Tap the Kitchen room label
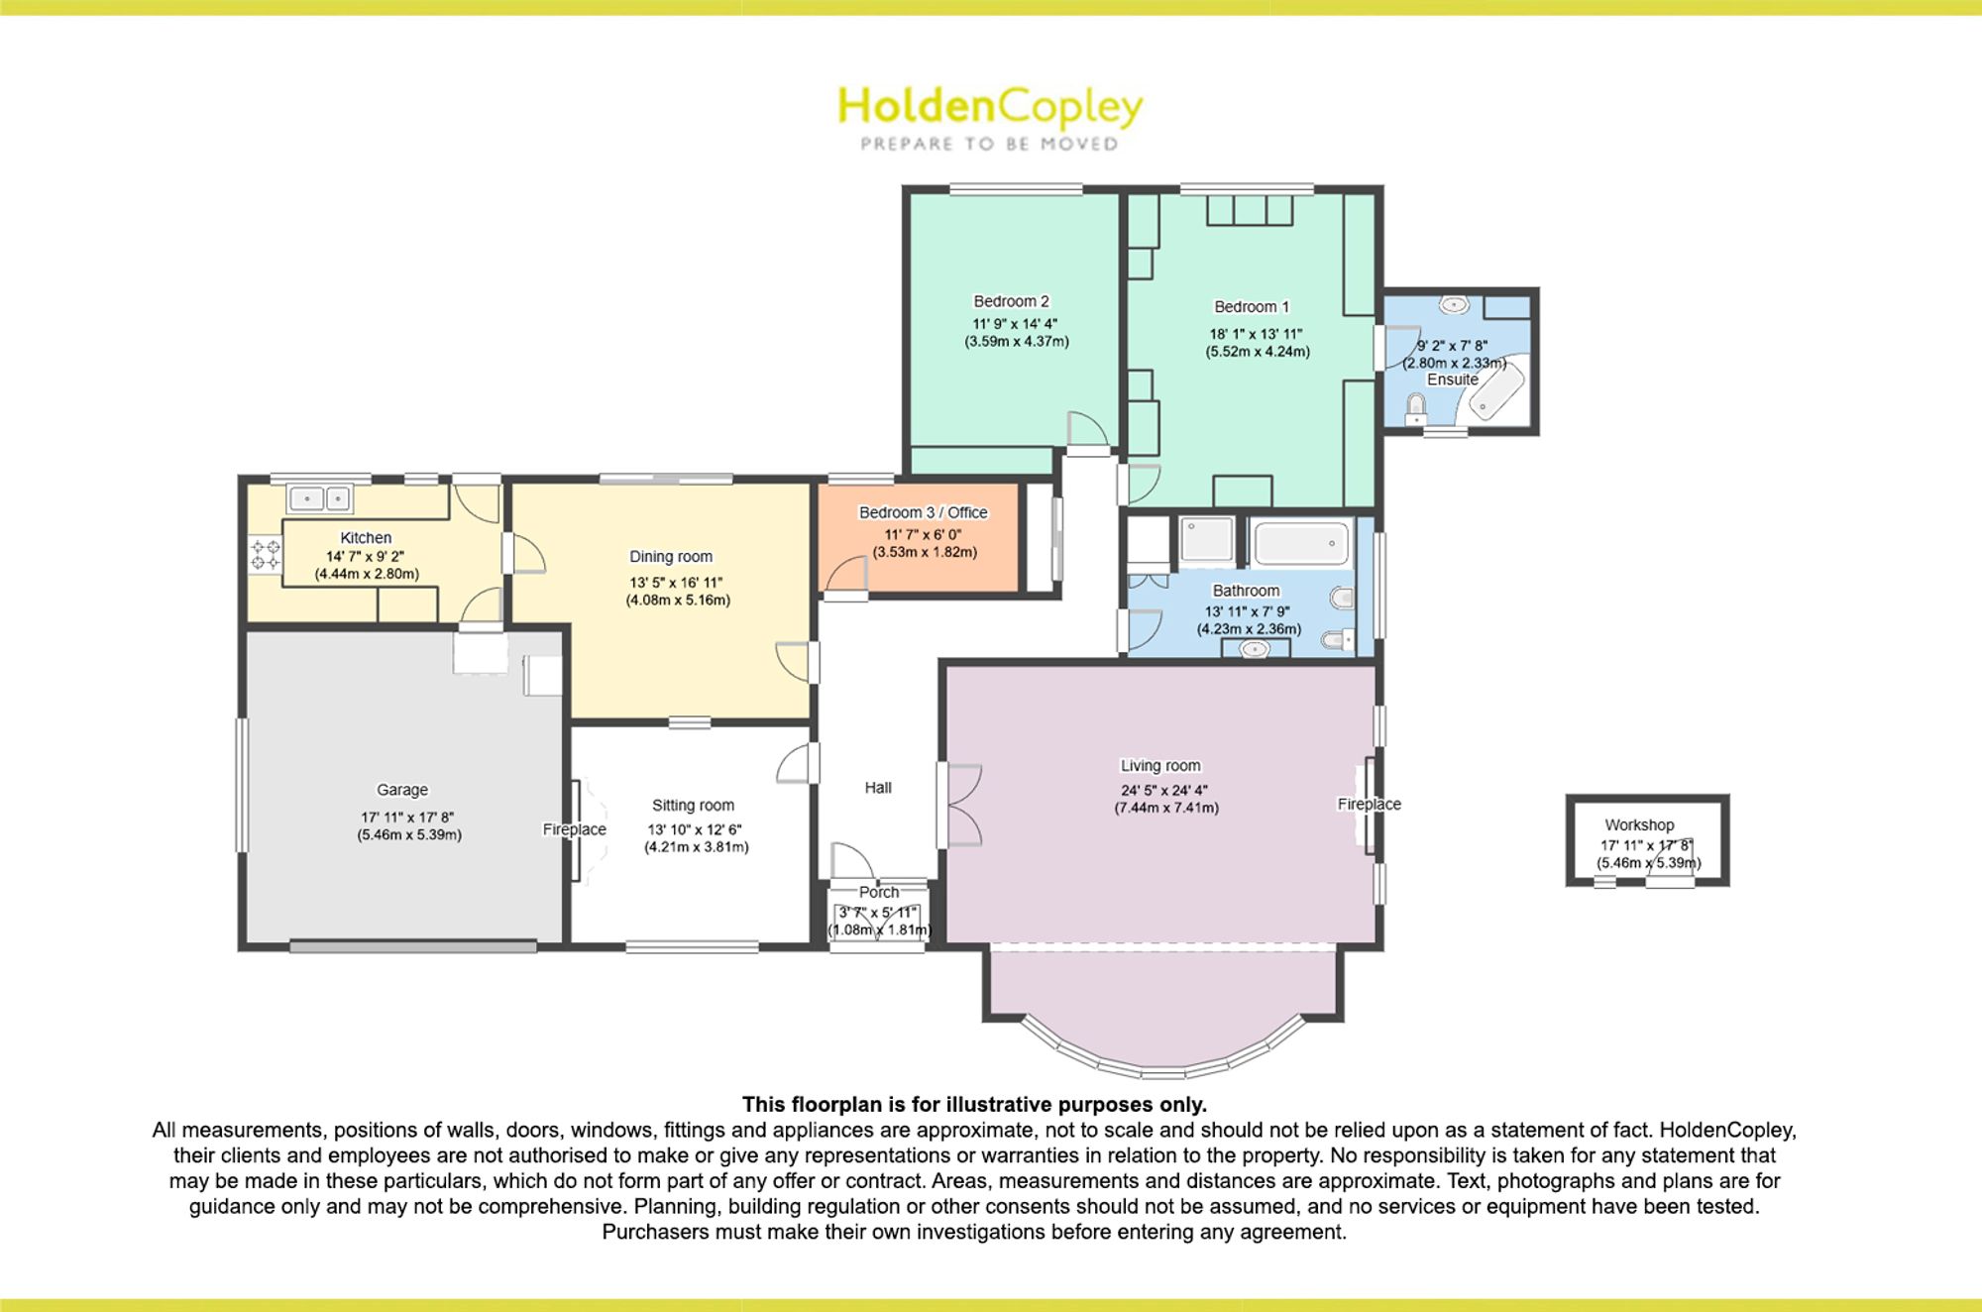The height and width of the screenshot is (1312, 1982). [x=366, y=537]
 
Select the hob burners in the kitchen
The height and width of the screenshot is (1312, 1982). [x=265, y=554]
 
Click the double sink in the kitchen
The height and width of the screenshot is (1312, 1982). [x=319, y=497]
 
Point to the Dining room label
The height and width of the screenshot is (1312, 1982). [x=671, y=557]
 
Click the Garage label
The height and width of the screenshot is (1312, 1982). [x=402, y=790]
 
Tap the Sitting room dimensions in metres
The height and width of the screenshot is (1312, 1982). [x=697, y=847]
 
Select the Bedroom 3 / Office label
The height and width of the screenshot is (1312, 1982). [x=923, y=512]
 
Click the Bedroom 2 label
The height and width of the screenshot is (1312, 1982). [x=1011, y=301]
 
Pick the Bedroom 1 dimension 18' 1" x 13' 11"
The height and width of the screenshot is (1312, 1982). [x=1256, y=334]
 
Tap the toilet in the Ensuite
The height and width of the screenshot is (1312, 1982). [x=1417, y=407]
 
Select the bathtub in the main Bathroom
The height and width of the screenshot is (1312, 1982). [x=1301, y=544]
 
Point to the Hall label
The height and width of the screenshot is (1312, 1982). [x=878, y=788]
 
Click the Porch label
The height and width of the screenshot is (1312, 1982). [x=879, y=892]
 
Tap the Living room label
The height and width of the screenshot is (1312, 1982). [x=1160, y=765]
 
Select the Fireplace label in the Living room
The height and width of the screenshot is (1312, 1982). [x=1370, y=804]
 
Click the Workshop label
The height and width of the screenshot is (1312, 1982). [x=1639, y=824]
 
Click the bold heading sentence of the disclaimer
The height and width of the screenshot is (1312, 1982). [x=974, y=1104]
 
